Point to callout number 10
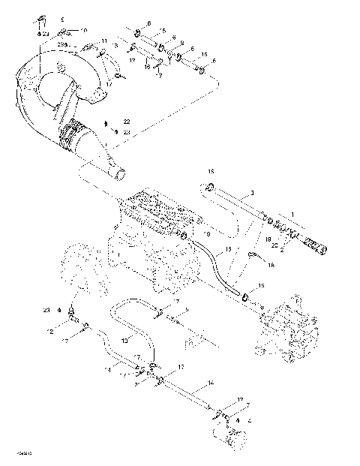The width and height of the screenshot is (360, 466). (x=83, y=30)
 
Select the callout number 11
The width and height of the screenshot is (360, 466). (x=104, y=41)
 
